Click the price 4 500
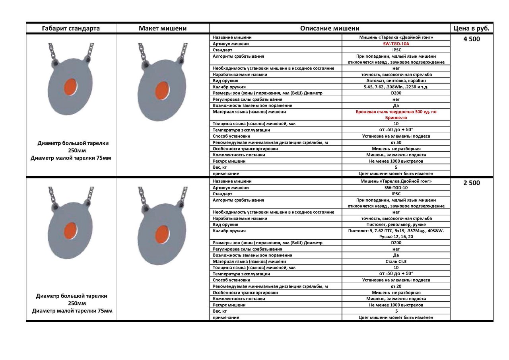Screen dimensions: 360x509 point(472,39)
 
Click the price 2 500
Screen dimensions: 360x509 point(472,183)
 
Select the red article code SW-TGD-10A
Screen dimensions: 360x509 point(396,44)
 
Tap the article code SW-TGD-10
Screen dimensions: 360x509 point(396,187)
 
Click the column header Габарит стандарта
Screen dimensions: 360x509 point(71,28)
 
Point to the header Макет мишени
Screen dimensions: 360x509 point(163,28)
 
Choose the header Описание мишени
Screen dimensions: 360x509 point(330,28)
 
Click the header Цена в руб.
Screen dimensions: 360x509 point(472,28)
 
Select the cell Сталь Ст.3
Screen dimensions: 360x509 point(396,261)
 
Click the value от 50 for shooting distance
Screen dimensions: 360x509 point(396,142)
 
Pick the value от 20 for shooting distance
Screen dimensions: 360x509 point(396,286)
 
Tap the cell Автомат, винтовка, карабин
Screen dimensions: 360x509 point(396,80)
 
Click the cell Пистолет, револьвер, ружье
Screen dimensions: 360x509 point(396,224)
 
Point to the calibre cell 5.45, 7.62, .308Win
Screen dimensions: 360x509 point(396,87)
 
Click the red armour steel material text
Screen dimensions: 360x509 point(396,115)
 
